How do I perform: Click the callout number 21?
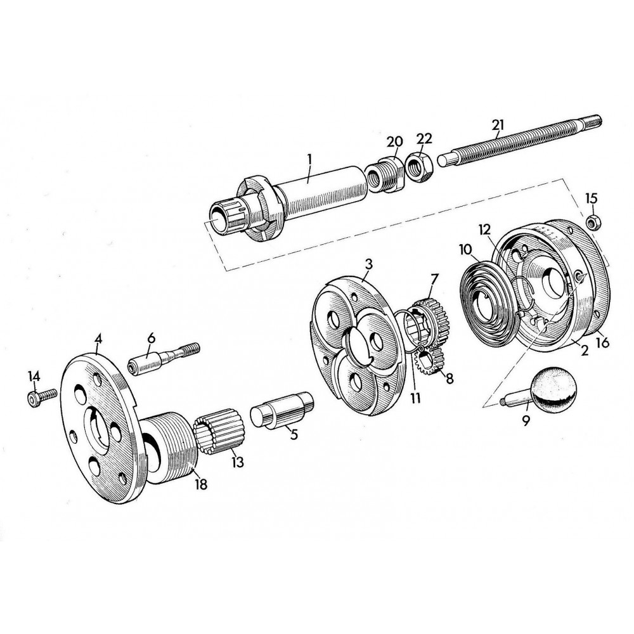[x=498, y=125]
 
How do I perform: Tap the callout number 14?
[x=34, y=377]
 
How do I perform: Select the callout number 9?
[x=526, y=421]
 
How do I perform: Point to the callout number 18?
[x=201, y=484]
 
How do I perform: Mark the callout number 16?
[x=602, y=343]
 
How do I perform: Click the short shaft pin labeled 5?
[x=282, y=410]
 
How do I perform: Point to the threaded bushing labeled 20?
[x=385, y=174]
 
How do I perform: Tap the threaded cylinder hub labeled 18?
[x=169, y=448]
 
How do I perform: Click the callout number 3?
[x=368, y=265]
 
